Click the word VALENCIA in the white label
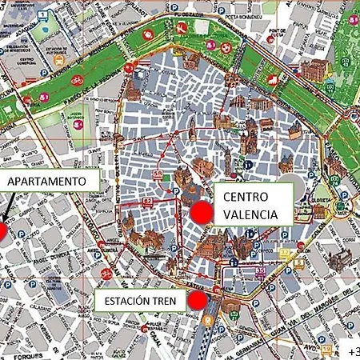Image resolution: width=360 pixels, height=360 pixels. coord(250,214)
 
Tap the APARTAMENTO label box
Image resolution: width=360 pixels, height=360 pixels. coord(47,182)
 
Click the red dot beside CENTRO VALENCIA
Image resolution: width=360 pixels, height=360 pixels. coord(203,213)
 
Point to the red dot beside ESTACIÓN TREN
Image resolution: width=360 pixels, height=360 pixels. coord(198,301)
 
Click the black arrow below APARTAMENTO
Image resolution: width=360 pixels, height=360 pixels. coord(8,210)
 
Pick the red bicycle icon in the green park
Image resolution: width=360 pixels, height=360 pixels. coord(76,81)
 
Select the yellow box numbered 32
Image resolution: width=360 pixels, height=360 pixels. coord(284,254)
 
